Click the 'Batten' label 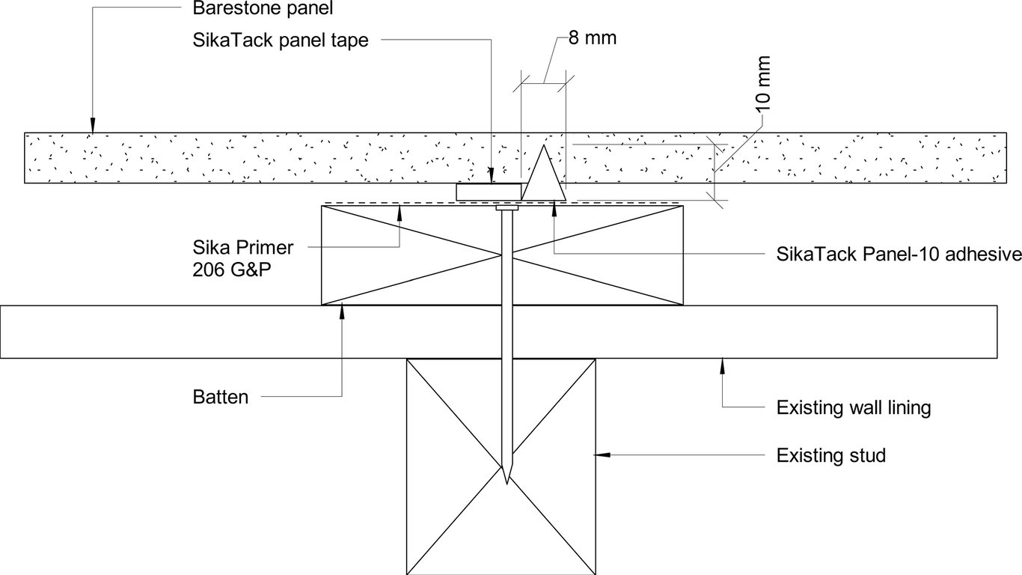point(220,397)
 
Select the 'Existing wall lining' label point(854,407)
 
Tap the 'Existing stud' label point(830,454)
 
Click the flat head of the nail point(507,209)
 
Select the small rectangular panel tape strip point(489,192)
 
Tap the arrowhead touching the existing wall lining point(722,365)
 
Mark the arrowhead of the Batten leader point(342,311)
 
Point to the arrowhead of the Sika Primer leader point(400,210)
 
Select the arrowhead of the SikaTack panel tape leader point(492,177)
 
